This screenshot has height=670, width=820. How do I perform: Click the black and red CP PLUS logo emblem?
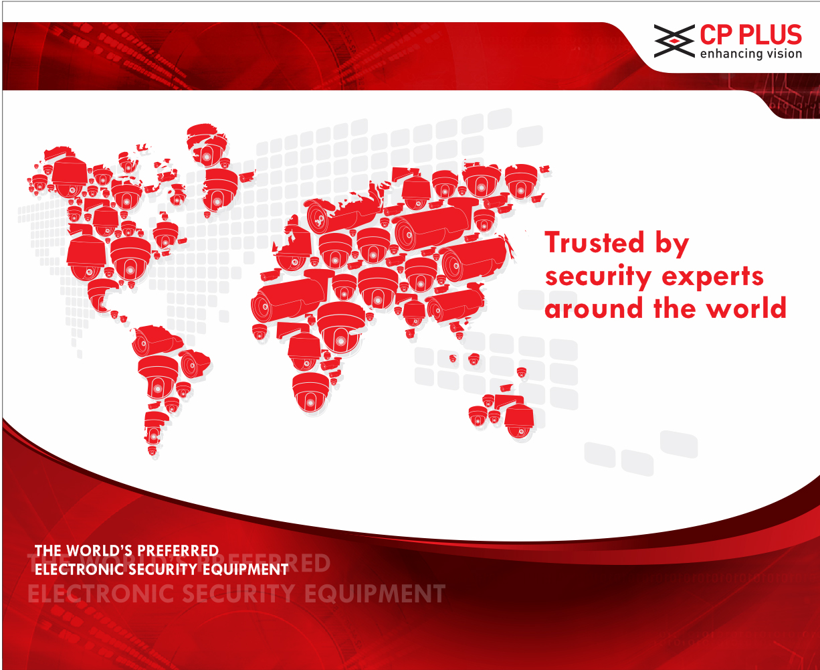[x=674, y=41]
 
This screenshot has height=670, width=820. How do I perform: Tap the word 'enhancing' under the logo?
[x=725, y=54]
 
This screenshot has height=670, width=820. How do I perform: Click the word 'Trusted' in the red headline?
[x=595, y=242]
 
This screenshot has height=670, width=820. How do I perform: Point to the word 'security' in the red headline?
[x=597, y=276]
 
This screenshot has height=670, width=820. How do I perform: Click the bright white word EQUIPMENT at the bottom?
[x=245, y=569]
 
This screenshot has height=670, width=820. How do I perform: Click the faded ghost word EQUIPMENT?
[x=375, y=594]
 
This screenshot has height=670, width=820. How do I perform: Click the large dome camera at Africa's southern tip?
[x=310, y=392]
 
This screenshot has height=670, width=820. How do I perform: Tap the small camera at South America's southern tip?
[x=152, y=450]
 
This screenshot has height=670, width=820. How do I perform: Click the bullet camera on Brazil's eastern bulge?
[x=195, y=364]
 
